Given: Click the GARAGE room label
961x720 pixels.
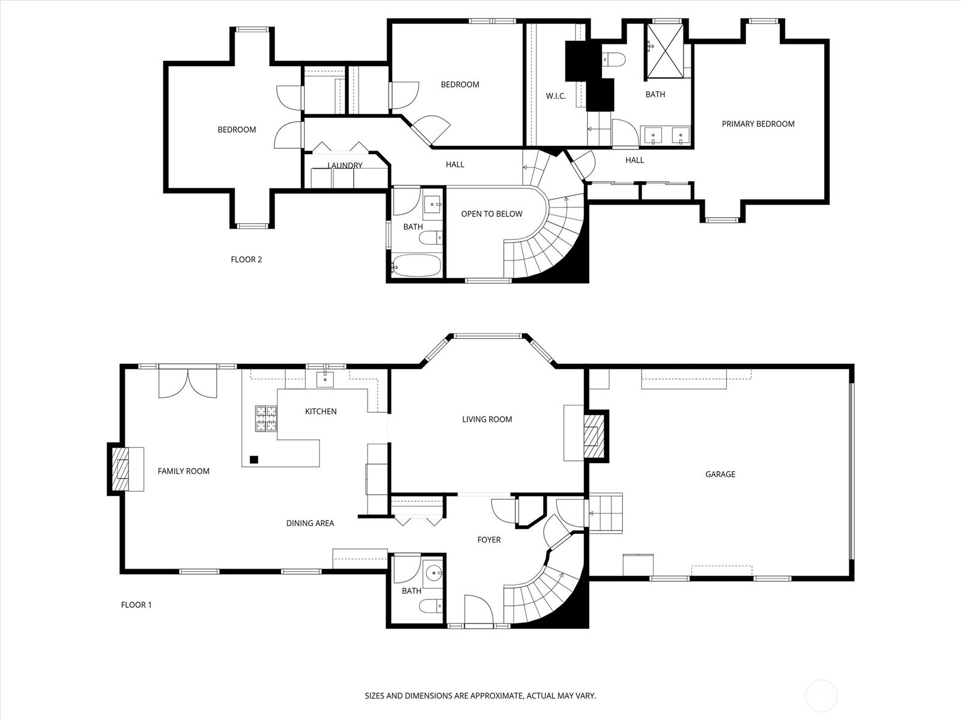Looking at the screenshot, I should [720, 474].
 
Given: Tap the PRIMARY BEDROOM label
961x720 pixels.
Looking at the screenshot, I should [757, 124].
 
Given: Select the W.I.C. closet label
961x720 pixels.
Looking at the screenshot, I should [556, 96].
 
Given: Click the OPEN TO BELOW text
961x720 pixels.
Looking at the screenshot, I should [491, 214].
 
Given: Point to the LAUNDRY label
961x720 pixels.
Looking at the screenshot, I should [345, 166].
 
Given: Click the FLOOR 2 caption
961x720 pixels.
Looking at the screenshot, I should [246, 259].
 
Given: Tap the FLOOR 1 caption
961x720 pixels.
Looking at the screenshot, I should [136, 605].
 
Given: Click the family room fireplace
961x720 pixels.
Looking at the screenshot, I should [123, 469].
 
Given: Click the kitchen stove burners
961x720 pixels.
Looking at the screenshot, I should [267, 419].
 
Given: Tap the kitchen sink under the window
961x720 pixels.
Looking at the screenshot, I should [325, 379].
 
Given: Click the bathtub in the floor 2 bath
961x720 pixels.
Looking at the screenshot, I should [417, 265].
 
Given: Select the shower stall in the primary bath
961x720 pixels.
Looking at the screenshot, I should [664, 51].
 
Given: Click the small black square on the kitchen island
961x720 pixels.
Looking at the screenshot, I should [254, 460].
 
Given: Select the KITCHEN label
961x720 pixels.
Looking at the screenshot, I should [321, 412].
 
